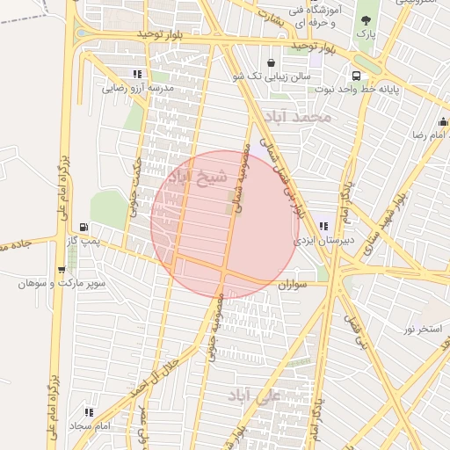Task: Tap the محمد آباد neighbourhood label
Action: click(x=301, y=116)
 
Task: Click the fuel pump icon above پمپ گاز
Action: click(x=83, y=226)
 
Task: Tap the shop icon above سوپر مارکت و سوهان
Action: click(x=61, y=270)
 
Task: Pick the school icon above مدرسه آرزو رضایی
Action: click(x=136, y=75)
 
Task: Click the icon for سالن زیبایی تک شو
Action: click(x=270, y=63)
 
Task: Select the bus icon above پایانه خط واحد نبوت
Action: click(x=356, y=76)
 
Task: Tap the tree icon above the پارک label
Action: click(x=366, y=20)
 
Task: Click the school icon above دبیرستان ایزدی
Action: click(x=323, y=226)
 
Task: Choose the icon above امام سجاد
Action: click(x=89, y=411)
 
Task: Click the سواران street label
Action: click(x=292, y=285)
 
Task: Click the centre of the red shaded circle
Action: click(x=225, y=223)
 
